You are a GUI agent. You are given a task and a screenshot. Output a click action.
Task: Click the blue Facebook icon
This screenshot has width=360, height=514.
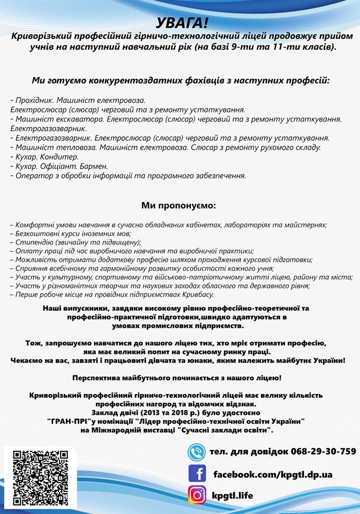coord(197,473)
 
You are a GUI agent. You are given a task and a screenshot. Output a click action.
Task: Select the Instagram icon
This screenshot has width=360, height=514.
coord(197,495)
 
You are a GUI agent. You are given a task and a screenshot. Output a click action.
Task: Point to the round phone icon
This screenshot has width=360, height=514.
coord(197,452)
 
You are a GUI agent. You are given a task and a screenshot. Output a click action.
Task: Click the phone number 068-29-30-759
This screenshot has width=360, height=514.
coord(324,451)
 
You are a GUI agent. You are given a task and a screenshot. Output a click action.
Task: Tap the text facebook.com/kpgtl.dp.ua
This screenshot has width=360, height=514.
coord(273,474)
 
